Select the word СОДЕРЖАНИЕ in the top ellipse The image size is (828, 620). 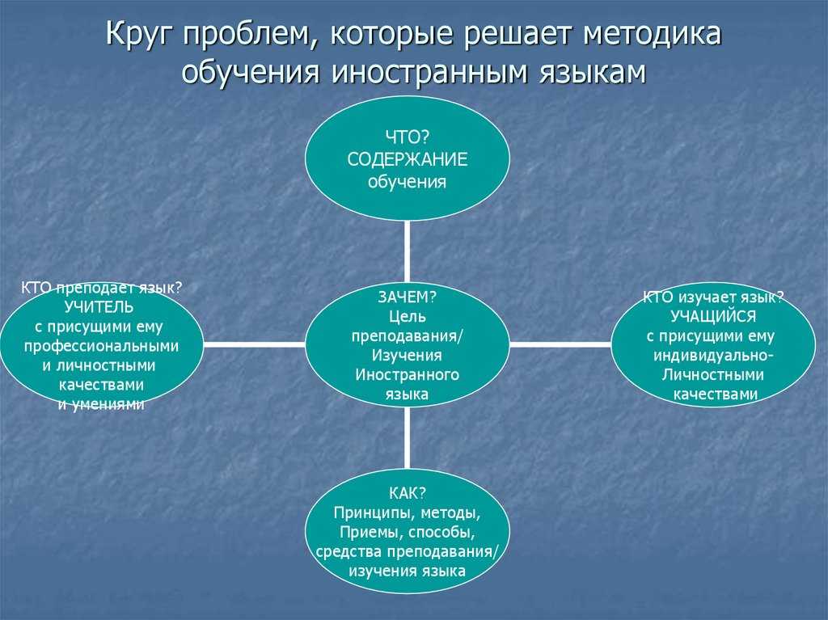407,159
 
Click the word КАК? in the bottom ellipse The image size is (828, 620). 407,493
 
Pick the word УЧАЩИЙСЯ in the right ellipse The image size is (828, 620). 712,317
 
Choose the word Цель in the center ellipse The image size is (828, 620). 407,315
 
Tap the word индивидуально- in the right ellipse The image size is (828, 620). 712,356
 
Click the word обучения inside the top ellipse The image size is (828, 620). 407,182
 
